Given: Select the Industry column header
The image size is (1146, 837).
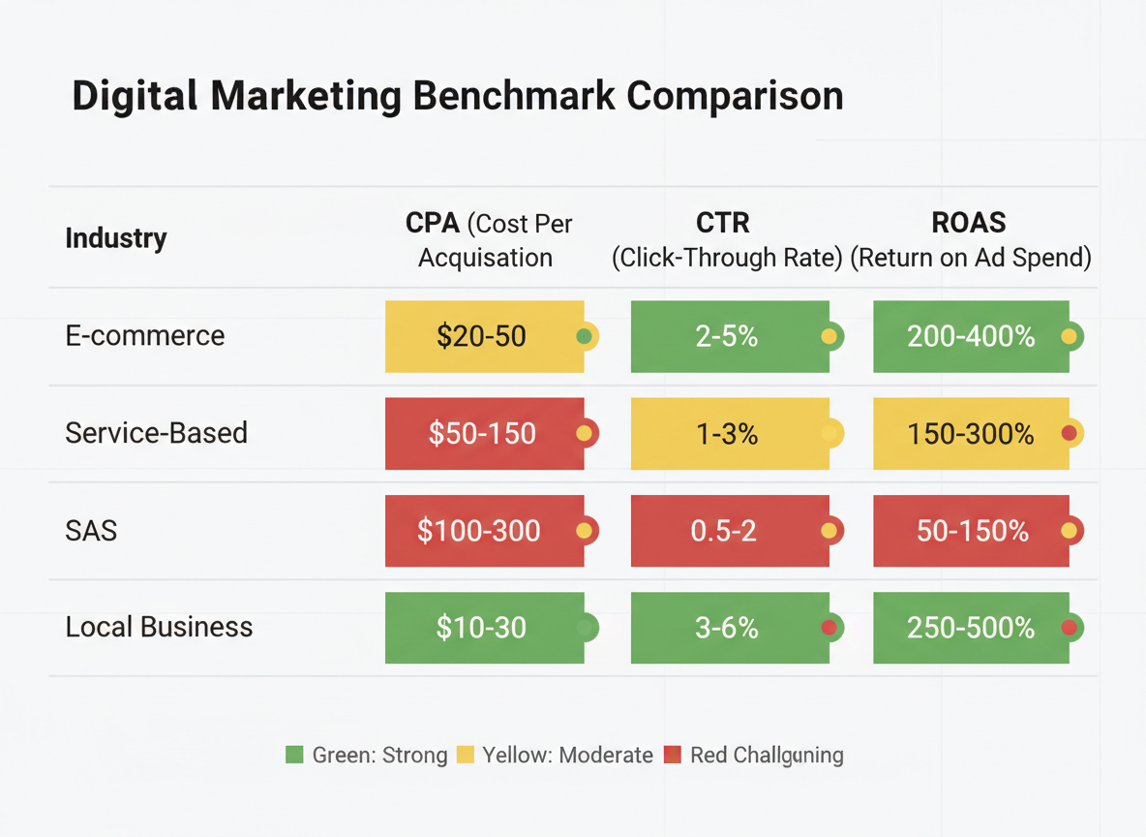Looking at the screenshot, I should (x=116, y=238).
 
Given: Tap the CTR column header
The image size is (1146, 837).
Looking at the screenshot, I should (x=723, y=223).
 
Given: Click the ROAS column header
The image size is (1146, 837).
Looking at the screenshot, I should (x=969, y=223).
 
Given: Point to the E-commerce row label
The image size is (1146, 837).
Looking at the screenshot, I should (x=145, y=336).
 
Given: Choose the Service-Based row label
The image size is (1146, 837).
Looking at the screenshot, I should (x=157, y=433).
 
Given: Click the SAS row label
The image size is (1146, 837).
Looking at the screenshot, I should (x=91, y=531).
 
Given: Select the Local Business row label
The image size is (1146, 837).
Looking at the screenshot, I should (x=159, y=628).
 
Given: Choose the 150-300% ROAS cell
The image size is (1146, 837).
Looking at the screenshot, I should (x=971, y=433).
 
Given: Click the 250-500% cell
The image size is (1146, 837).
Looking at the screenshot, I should (x=971, y=628).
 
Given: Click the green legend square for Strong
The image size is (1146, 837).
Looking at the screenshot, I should (x=295, y=755).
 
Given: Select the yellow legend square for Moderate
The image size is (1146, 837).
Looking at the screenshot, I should (x=466, y=755).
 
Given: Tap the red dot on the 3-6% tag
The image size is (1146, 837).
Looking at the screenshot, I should (x=829, y=628).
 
